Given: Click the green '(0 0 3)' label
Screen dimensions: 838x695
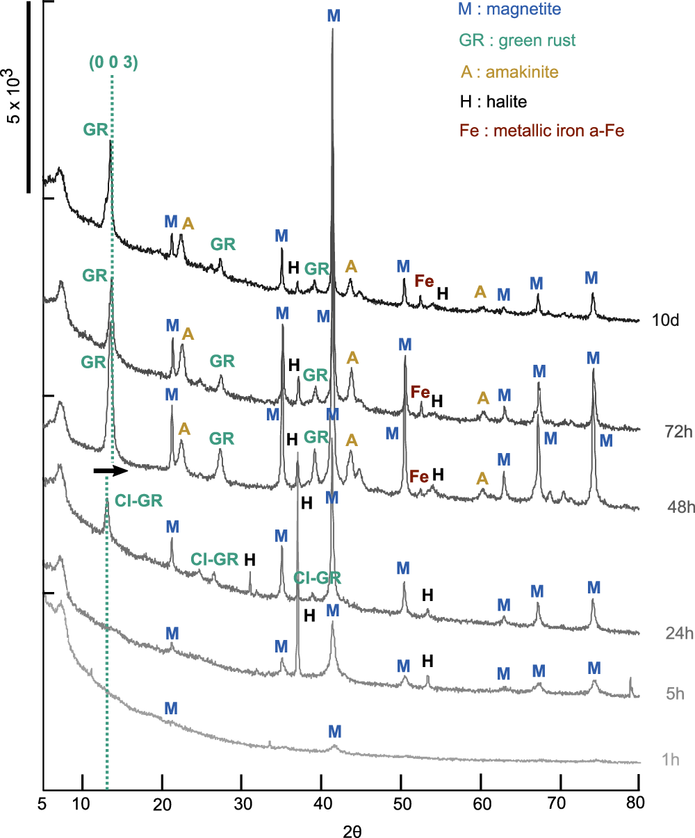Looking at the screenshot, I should [114, 63].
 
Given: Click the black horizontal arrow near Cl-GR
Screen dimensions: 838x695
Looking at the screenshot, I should [111, 471].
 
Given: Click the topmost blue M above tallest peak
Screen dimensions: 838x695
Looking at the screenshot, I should [334, 15].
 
